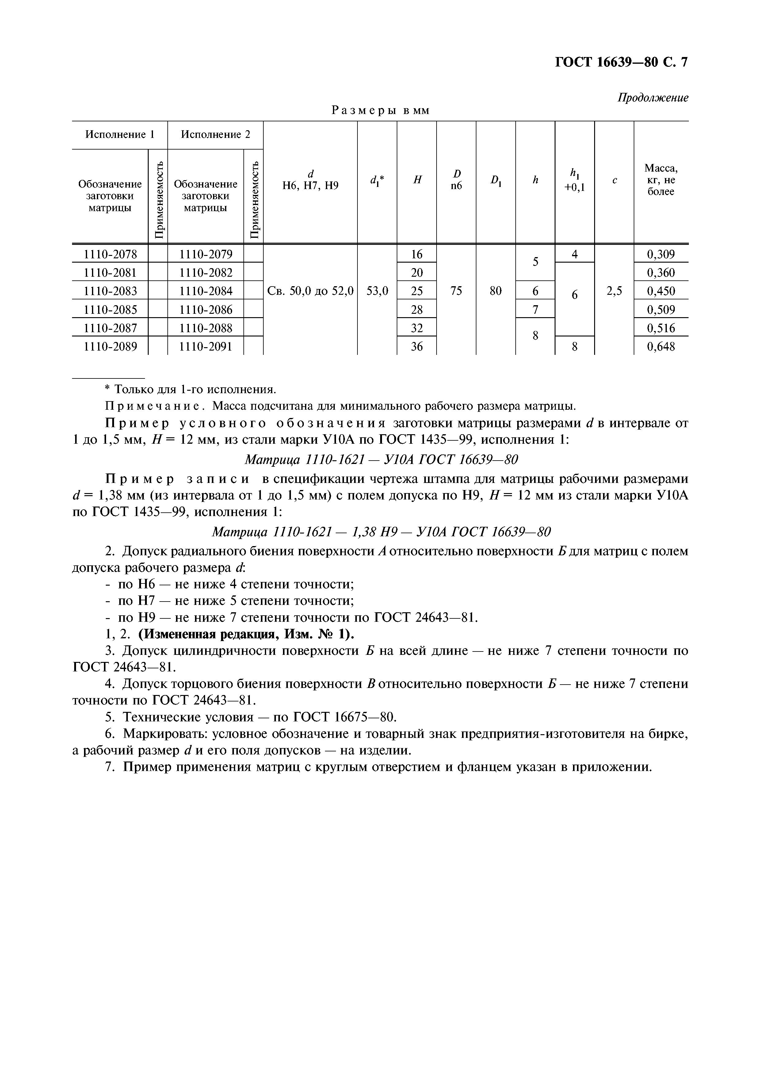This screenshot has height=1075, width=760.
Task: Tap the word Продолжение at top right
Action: [653, 98]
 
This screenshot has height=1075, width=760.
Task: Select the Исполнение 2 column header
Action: [216, 135]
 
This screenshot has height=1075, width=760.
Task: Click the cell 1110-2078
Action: [110, 254]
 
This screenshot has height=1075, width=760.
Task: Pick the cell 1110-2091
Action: [206, 347]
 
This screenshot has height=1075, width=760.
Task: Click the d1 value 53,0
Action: [377, 291]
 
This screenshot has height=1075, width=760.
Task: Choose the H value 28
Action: [416, 310]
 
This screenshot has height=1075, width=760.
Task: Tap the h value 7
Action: [535, 310]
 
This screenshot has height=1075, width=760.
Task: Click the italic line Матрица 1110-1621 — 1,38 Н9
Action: [382, 532]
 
